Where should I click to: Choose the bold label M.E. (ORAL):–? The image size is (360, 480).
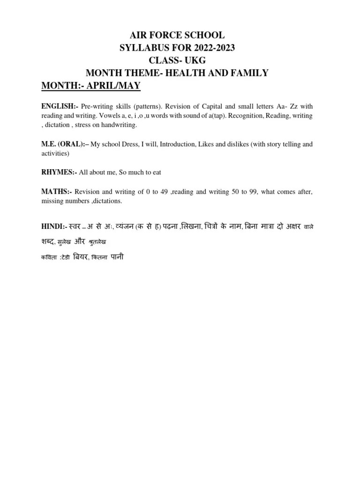coord(65,144)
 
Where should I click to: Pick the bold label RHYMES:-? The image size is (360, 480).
coord(59,172)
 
